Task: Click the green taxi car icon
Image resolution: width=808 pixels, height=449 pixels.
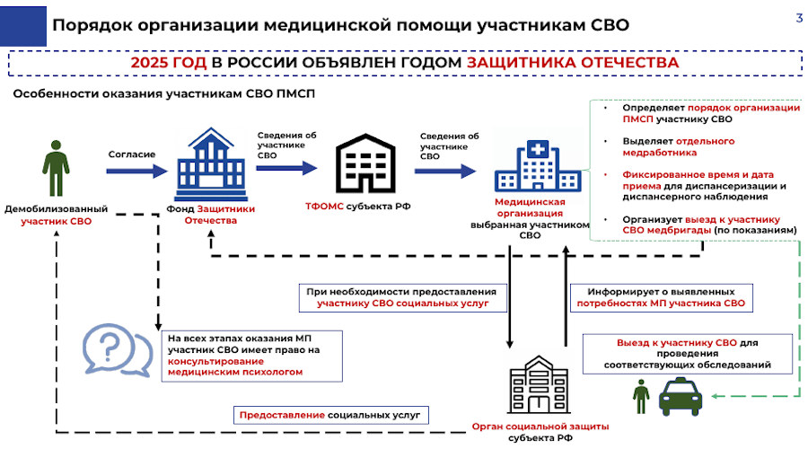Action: point(681,396)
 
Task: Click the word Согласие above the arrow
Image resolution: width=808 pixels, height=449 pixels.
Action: point(131,154)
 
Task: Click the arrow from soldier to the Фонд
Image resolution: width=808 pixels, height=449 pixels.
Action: point(131,168)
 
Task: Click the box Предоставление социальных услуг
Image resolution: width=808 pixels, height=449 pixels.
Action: point(331,416)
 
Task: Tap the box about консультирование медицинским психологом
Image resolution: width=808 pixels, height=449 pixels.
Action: point(242,356)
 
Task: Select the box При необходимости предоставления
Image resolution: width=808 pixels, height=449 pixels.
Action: point(400,298)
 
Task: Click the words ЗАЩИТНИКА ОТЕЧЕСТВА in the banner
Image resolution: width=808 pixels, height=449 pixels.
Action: point(571,64)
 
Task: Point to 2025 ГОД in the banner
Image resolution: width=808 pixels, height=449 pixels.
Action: point(169,64)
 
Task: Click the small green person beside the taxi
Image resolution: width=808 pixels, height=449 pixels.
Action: point(641,396)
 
